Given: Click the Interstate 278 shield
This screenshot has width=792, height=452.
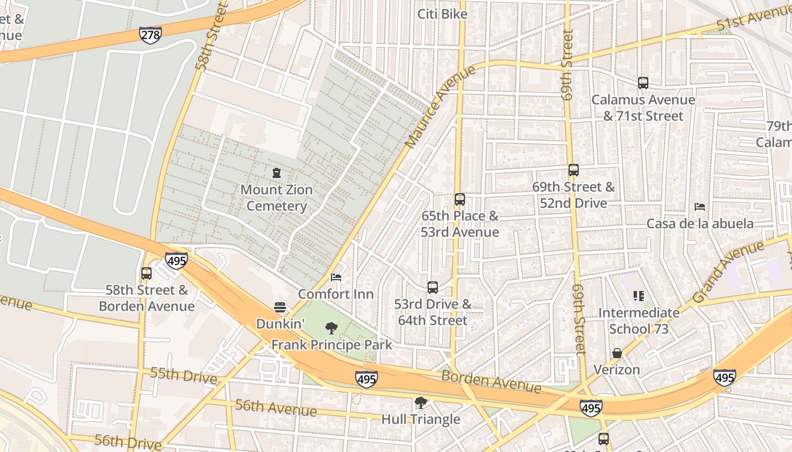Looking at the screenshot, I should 150,35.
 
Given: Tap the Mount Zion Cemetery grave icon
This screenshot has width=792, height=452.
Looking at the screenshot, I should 277,173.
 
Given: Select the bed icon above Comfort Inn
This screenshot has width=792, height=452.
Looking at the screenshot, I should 336,277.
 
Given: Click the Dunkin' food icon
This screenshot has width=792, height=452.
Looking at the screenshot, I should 280,307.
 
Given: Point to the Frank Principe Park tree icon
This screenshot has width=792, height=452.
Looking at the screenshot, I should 332,328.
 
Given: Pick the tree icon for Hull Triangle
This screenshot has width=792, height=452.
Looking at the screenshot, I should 420,403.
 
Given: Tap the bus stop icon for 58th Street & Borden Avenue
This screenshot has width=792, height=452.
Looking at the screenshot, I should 147,273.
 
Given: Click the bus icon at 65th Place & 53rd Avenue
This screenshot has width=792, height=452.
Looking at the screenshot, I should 459,199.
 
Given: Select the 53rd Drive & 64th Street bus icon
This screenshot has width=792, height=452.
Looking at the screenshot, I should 433,288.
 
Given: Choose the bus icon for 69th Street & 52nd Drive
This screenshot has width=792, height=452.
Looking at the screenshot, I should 573,170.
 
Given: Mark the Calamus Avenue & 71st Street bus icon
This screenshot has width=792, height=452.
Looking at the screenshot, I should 643,83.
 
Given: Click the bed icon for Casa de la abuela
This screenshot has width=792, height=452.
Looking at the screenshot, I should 700,207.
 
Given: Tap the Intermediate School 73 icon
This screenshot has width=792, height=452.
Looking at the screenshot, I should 639,296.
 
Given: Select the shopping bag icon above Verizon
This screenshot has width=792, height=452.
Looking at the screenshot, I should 617,353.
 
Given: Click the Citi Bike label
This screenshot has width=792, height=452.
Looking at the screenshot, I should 442,14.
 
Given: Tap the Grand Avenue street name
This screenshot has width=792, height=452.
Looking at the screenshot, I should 728,273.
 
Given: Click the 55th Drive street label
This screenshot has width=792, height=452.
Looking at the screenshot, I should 184,375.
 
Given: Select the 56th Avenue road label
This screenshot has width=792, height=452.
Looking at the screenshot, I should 276,407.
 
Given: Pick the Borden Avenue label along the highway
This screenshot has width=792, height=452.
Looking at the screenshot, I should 491,381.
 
